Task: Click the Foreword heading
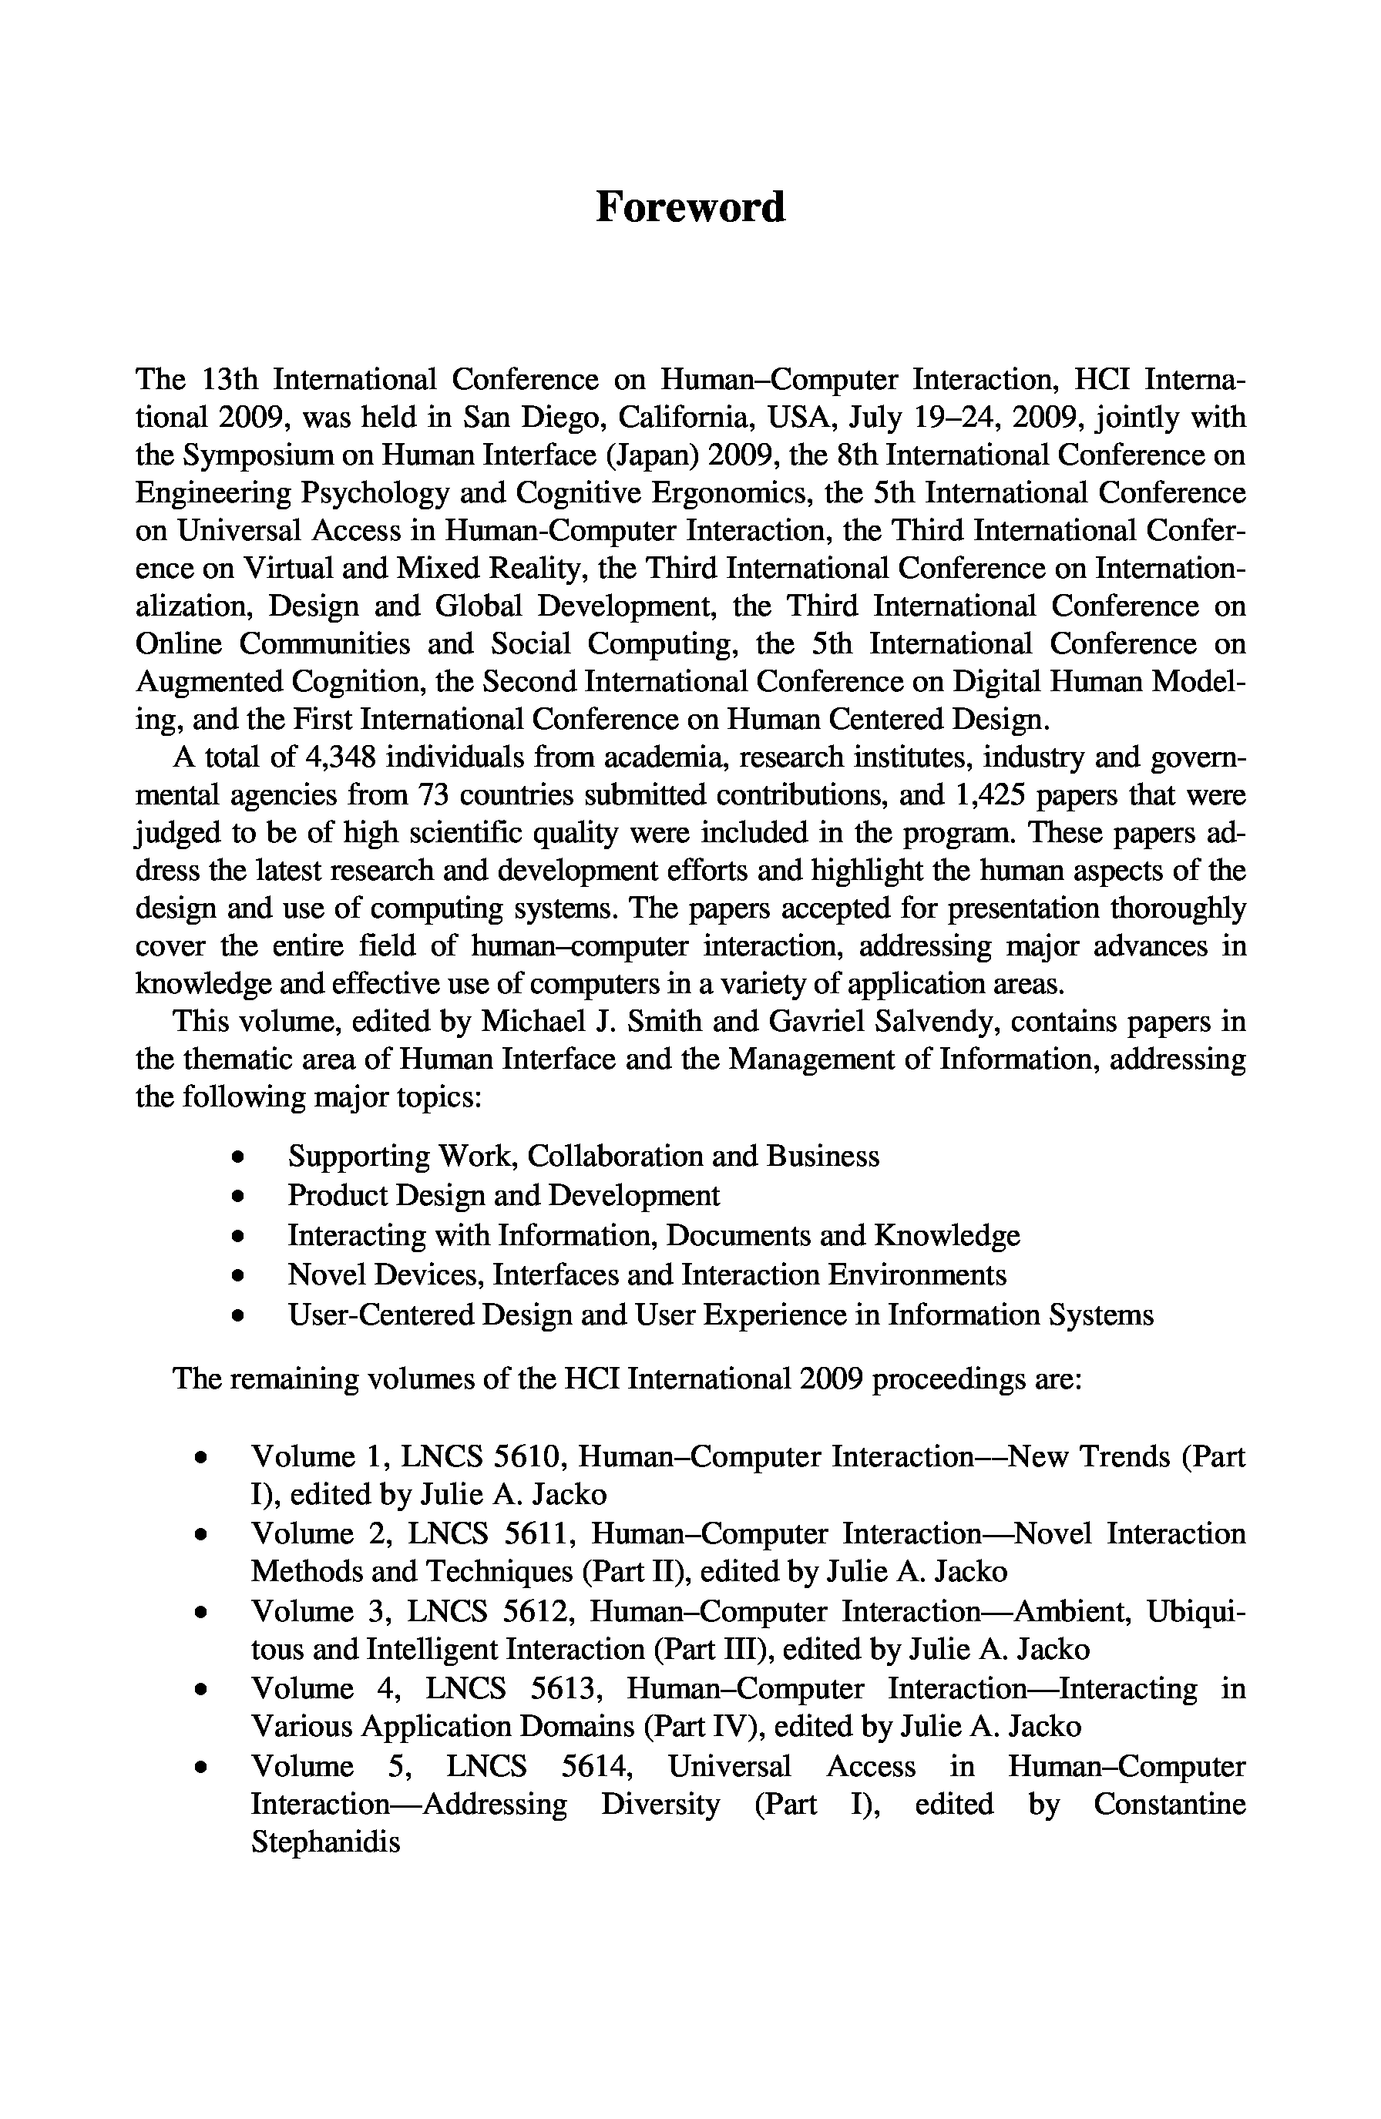coord(690,207)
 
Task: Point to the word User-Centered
coord(380,1315)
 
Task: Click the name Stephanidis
coord(325,1842)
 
